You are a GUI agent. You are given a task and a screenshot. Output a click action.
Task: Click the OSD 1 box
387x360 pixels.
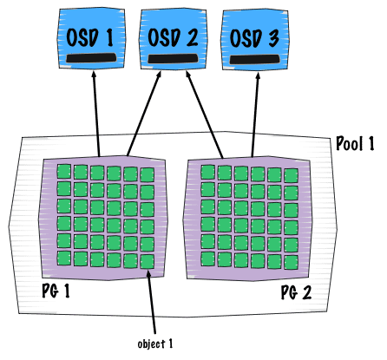(91, 39)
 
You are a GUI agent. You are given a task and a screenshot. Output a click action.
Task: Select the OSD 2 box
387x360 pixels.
(174, 39)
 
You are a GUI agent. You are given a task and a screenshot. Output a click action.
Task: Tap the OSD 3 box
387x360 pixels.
(255, 40)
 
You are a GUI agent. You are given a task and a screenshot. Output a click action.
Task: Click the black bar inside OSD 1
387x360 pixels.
(91, 58)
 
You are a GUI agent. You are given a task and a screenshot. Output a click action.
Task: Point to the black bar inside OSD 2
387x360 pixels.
(174, 58)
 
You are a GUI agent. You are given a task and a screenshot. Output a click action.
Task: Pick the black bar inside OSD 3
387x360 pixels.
(255, 59)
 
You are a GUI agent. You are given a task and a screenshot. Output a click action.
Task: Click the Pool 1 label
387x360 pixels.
(355, 143)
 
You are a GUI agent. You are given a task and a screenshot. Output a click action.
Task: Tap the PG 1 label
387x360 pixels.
(56, 291)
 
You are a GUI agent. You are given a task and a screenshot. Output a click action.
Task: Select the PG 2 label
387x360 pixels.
(296, 292)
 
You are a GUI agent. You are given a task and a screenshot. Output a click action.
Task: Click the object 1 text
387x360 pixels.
(155, 344)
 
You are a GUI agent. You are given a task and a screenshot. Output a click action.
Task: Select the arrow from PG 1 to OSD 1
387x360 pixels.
(96, 114)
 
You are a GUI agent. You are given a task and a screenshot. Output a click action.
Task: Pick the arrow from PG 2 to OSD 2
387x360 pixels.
(205, 115)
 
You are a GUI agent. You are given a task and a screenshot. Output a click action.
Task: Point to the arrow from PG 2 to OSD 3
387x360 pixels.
(255, 115)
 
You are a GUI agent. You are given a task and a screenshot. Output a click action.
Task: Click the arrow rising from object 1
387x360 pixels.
(151, 302)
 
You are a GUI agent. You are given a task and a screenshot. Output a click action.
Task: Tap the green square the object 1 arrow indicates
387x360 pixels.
(148, 262)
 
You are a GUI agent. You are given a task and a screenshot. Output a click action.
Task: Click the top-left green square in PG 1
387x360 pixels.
(64, 172)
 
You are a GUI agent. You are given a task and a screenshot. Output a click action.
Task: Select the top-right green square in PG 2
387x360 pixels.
(291, 175)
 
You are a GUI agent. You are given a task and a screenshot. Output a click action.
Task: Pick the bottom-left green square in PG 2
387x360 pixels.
(207, 259)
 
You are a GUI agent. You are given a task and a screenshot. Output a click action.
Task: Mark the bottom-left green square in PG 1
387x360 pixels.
(64, 259)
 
